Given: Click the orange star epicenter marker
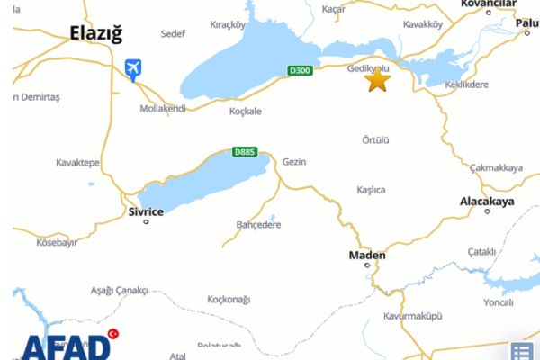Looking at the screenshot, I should (378, 80).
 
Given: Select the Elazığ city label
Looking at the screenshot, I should (96, 34).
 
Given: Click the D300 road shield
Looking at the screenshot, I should (300, 70).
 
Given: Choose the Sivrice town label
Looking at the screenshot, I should (146, 211).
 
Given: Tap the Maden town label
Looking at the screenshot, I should (367, 256).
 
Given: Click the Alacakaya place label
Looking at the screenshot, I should (487, 202).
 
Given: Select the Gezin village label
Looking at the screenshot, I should (294, 162).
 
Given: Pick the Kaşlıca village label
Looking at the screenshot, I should (371, 190).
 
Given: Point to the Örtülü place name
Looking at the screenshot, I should (375, 140).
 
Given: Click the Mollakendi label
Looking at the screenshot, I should (162, 108).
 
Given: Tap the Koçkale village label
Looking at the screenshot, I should (245, 112).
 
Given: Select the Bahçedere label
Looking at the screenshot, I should (258, 224).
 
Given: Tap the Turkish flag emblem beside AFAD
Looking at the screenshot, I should (114, 335).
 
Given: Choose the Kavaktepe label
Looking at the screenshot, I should (77, 164).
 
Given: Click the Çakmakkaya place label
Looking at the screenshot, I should (496, 167).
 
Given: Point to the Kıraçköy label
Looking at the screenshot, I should (227, 25).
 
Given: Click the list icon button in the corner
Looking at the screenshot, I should (522, 351).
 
